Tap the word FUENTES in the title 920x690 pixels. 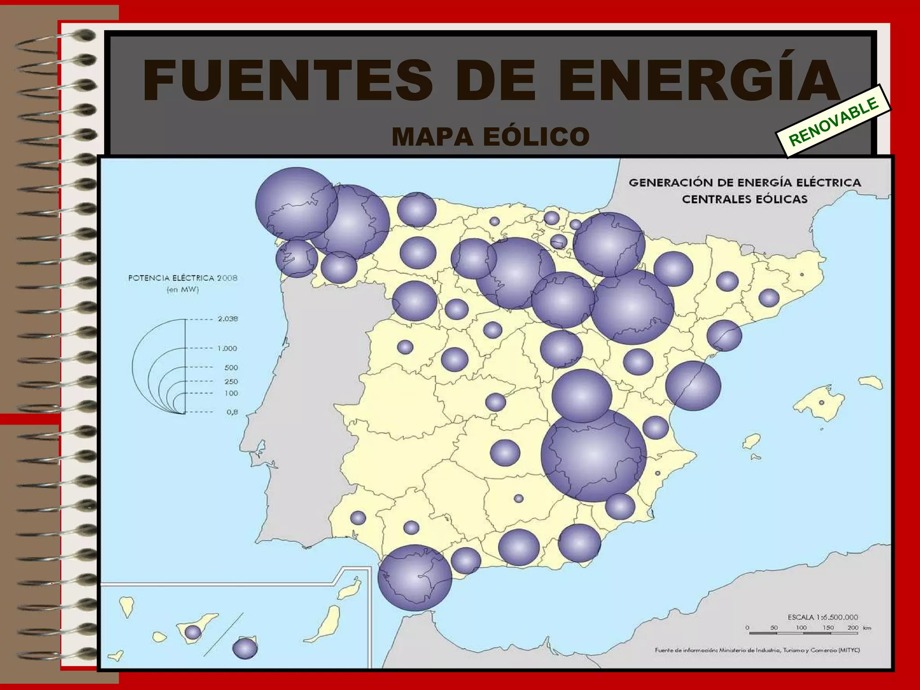pos(287,81)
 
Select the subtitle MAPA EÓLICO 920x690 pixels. pos(491,137)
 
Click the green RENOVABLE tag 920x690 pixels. pos(834,121)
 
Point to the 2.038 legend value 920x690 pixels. pos(228,319)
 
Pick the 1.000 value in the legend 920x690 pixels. pos(227,349)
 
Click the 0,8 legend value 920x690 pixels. pos(232,412)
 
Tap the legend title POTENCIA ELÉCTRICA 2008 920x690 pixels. pos(182,278)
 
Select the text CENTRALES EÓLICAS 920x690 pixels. pos(744,199)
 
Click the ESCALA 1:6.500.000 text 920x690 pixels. pos(823,617)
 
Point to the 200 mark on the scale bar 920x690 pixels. pos(853,628)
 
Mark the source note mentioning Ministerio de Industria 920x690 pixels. pos(757,650)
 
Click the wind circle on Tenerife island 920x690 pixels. pos(193,632)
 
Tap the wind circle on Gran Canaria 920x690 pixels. pos(245,648)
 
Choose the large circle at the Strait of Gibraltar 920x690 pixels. pos(415,578)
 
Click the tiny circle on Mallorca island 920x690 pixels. pos(821,402)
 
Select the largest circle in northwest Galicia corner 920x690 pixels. pos(296,204)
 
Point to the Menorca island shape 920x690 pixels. pos(871,383)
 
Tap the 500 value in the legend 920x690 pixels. pos(231,367)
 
